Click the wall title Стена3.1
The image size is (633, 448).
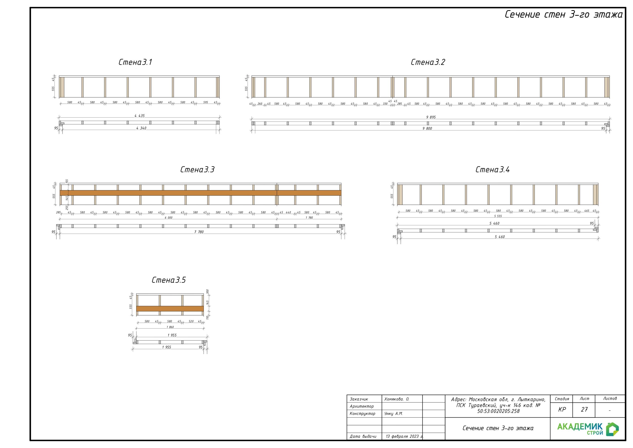(135, 62)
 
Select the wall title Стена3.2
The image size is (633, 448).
(428, 62)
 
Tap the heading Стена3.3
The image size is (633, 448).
(197, 170)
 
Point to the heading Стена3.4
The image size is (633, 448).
(492, 170)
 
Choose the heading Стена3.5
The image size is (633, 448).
(169, 280)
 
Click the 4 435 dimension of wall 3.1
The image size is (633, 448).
(139, 116)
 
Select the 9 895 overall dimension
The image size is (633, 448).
(431, 117)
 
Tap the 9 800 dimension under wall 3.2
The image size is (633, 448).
(427, 128)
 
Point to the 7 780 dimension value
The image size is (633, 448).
(199, 232)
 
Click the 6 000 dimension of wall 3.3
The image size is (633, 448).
(168, 218)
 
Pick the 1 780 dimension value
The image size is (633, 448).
(309, 218)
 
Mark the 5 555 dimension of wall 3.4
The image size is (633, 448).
(498, 216)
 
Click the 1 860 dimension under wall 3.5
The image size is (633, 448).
(170, 327)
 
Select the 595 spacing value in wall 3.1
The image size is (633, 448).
(206, 102)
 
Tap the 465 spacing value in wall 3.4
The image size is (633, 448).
(587, 211)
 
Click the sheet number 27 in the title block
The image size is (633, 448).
(584, 410)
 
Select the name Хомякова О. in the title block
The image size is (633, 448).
(397, 399)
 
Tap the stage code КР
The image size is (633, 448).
(562, 410)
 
